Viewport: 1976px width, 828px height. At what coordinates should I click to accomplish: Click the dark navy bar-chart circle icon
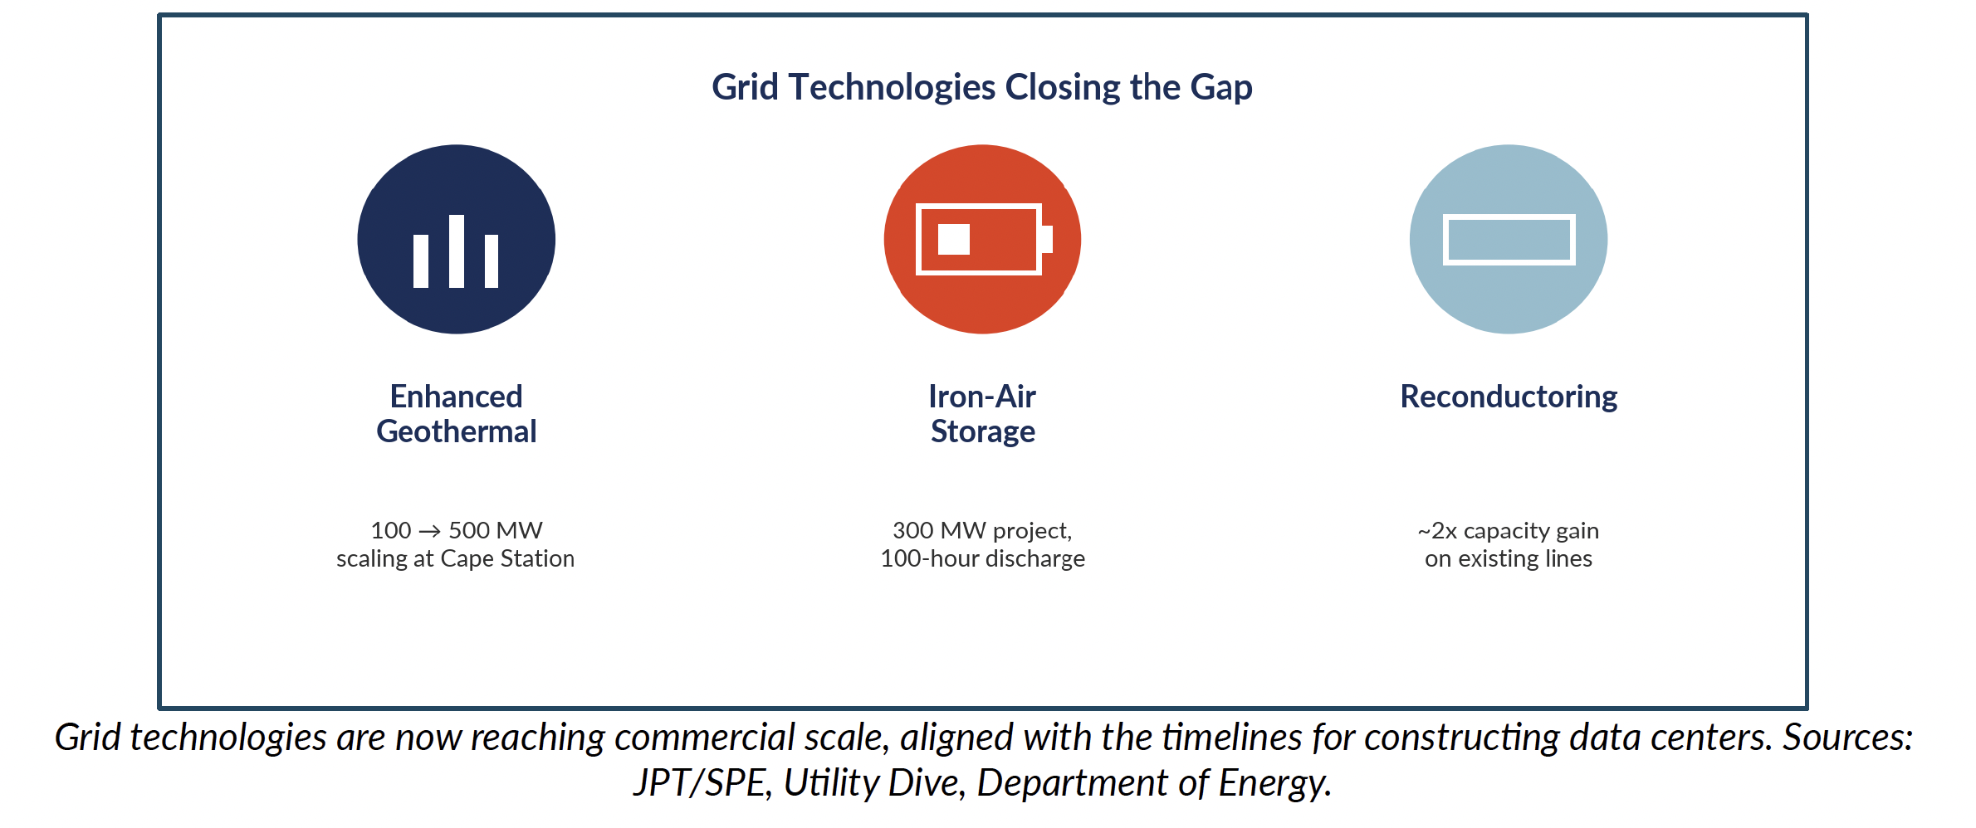[x=456, y=239]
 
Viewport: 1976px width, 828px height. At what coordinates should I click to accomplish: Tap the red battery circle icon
[x=982, y=239]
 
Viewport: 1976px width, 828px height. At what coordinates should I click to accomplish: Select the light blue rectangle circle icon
[x=1509, y=239]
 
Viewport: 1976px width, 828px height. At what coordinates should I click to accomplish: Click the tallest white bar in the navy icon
[x=456, y=251]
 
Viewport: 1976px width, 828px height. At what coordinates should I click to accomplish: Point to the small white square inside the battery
[x=953, y=239]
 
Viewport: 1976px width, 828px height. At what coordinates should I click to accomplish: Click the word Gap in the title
[x=1221, y=88]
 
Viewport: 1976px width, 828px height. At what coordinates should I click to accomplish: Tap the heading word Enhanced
[x=456, y=397]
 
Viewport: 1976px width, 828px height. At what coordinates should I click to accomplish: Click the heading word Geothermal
[x=456, y=431]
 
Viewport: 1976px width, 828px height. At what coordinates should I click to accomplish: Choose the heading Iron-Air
[x=982, y=397]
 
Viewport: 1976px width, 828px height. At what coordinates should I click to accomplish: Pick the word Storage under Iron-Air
[x=982, y=432]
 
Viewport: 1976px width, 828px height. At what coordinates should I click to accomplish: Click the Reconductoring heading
[x=1509, y=397]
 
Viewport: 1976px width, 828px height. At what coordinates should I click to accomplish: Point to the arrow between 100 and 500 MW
[x=429, y=531]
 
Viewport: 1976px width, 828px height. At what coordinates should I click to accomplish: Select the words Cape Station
[x=507, y=559]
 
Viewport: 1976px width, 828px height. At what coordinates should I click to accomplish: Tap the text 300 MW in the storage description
[x=939, y=530]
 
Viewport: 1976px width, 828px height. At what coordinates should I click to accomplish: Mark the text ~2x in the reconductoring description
[x=1437, y=531]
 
